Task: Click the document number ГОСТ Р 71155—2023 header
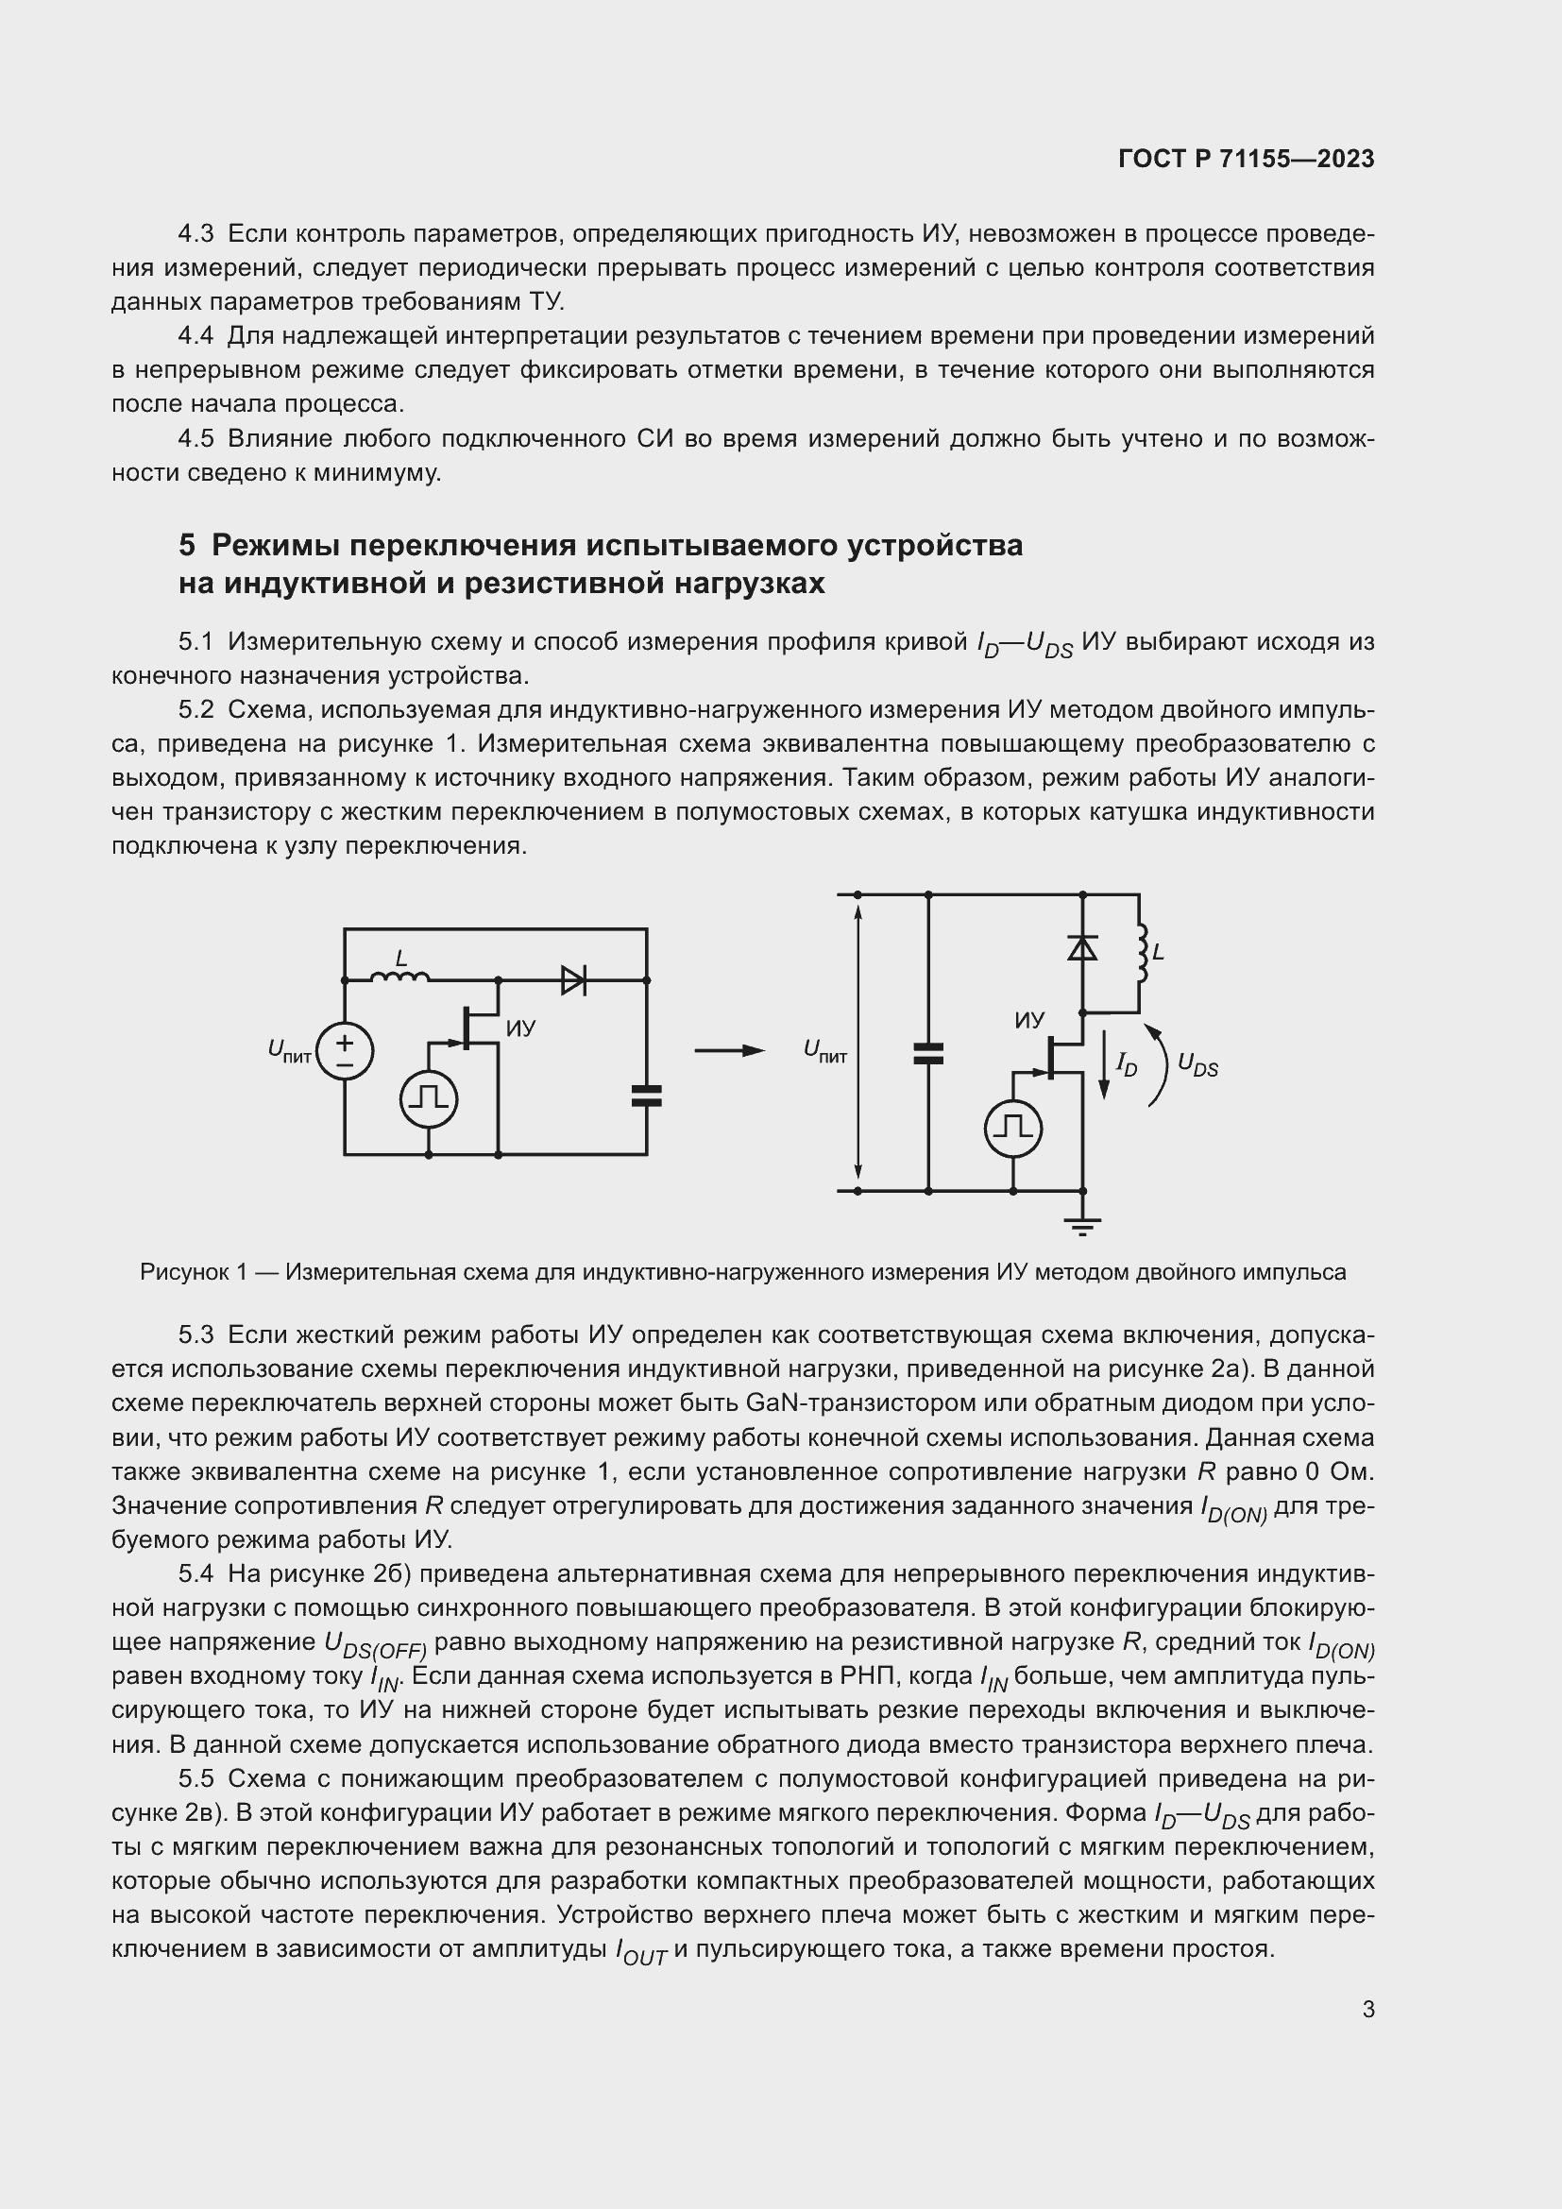(1246, 160)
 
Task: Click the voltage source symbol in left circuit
(345, 1050)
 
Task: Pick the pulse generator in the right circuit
(1013, 1128)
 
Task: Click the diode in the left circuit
(573, 980)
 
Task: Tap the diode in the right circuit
(1083, 948)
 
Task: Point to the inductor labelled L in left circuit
(400, 977)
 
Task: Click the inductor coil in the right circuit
(1142, 954)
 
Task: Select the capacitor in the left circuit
(646, 1095)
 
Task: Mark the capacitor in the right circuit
(928, 1054)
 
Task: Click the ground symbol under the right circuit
(1083, 1225)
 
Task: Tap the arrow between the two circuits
(729, 1050)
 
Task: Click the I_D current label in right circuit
(1126, 1064)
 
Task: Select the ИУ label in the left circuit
(520, 1028)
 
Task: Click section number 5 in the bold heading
(187, 546)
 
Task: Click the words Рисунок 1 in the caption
(195, 1273)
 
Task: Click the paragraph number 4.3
(195, 234)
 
